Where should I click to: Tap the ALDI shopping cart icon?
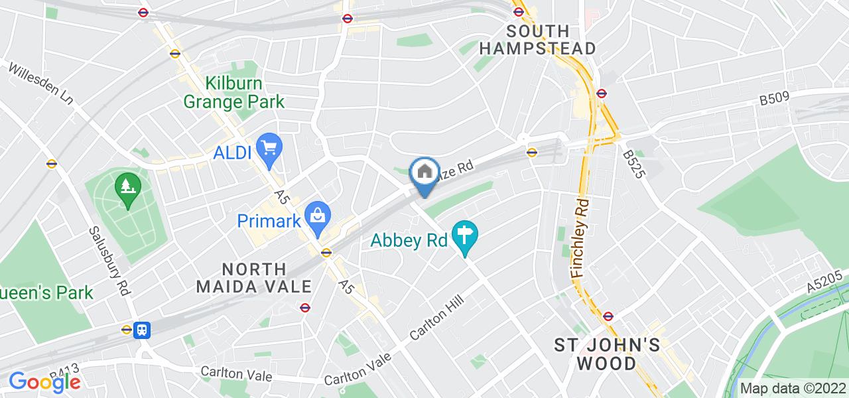coord(269,149)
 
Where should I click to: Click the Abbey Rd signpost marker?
coord(466,236)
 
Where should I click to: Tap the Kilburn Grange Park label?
coord(233,93)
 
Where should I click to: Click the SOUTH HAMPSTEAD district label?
coord(537,40)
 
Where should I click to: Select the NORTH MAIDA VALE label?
coord(264,278)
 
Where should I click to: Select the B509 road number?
coord(774,99)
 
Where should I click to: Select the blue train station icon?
coord(141,330)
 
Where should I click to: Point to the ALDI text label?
coord(232,152)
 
